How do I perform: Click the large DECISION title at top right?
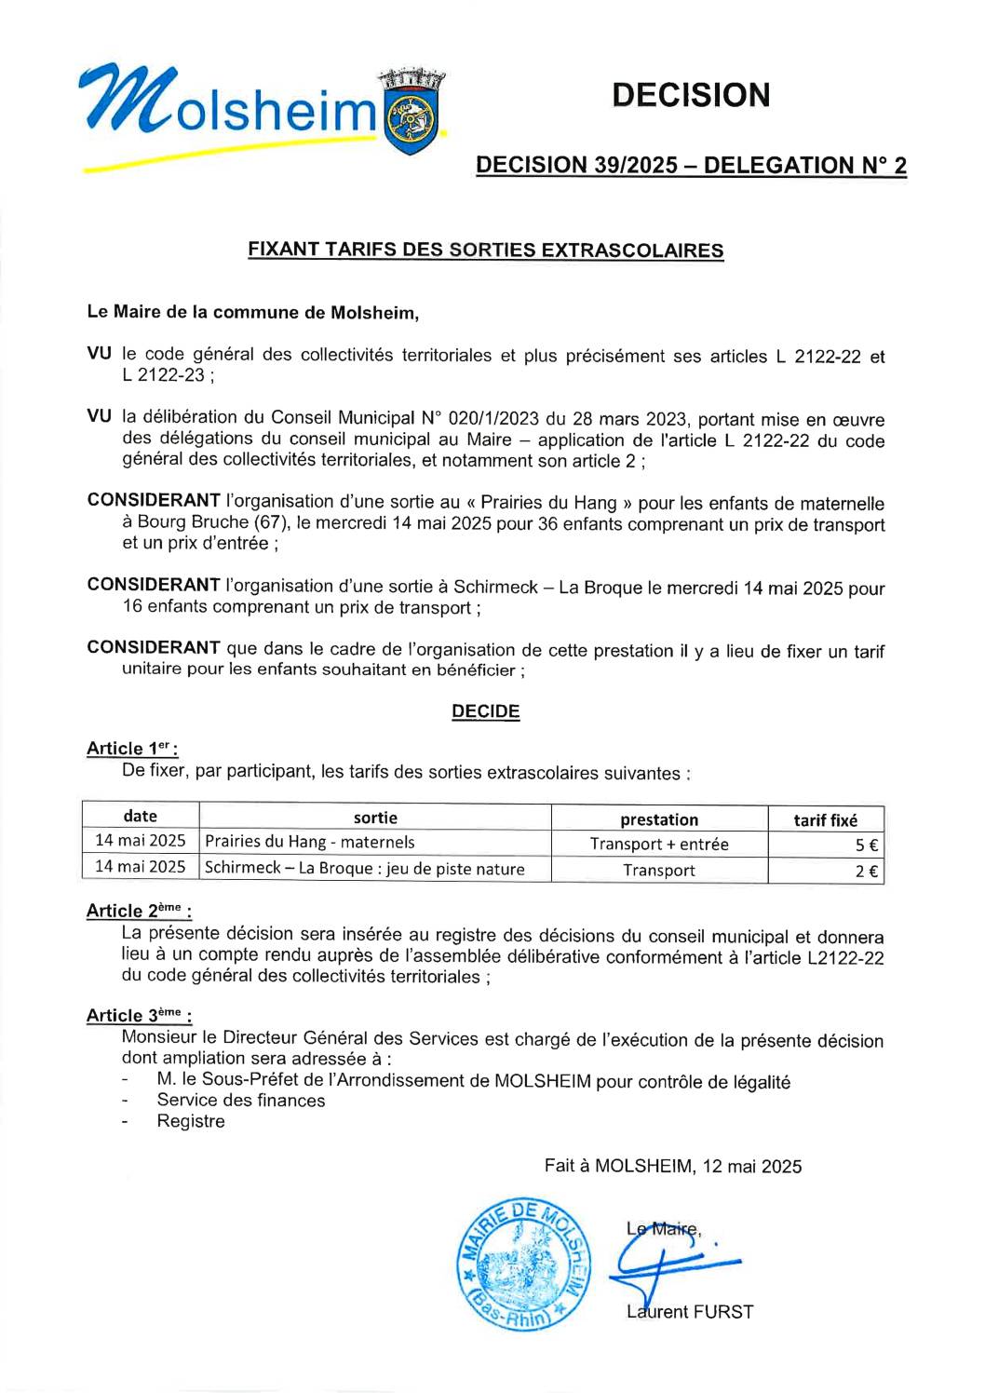tap(691, 95)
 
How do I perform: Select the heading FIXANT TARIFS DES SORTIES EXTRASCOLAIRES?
tap(485, 250)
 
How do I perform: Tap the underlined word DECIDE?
tap(485, 711)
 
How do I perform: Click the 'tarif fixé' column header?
tap(825, 819)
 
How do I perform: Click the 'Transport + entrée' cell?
tap(659, 845)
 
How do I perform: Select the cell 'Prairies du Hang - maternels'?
tap(310, 842)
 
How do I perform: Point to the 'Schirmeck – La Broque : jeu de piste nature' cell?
tap(365, 869)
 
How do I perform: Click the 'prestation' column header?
tap(659, 819)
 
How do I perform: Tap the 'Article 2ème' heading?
tap(139, 911)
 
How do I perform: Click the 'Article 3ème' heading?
tap(139, 1016)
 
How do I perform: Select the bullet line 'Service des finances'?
tap(241, 1101)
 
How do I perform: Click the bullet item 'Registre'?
tap(191, 1121)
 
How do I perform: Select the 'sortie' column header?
tap(375, 818)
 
